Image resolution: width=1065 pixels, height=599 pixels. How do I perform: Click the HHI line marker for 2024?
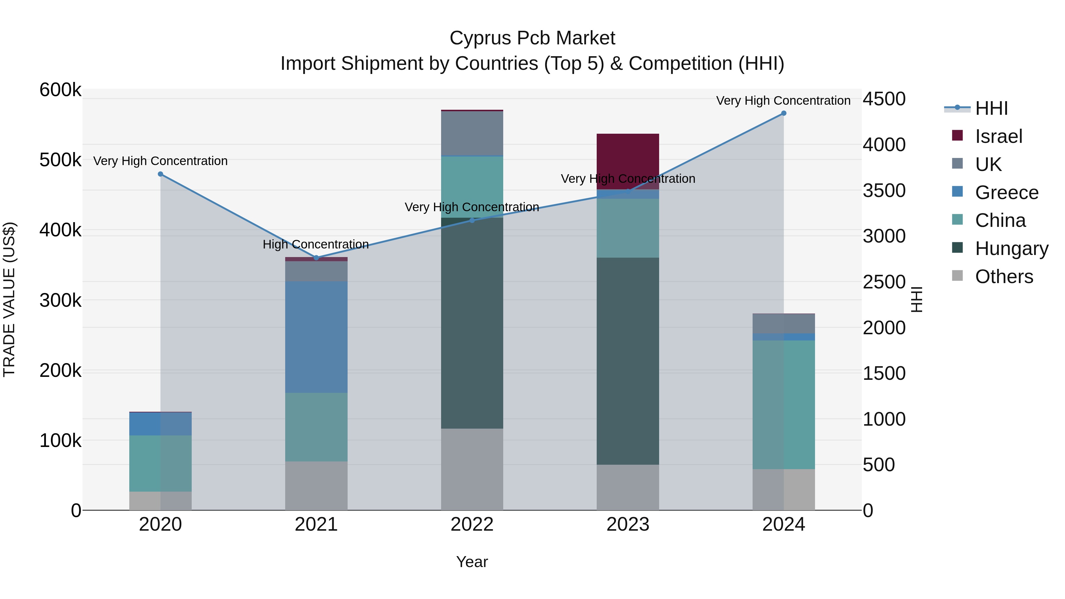(x=783, y=113)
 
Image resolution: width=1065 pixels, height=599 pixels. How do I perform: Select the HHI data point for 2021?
(x=316, y=258)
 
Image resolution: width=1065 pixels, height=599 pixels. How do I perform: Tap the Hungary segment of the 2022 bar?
(x=472, y=322)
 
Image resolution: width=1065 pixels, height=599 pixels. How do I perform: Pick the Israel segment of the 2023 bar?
(x=627, y=161)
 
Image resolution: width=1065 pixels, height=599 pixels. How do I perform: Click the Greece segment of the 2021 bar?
(x=316, y=337)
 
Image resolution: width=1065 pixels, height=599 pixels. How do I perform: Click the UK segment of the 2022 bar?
(x=472, y=133)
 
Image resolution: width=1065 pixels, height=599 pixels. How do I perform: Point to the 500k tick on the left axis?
(x=60, y=160)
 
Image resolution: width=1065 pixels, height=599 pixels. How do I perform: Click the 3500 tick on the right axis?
(x=884, y=190)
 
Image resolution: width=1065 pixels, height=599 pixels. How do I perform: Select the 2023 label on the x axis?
(x=627, y=524)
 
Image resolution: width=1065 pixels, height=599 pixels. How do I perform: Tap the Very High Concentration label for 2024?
(x=783, y=101)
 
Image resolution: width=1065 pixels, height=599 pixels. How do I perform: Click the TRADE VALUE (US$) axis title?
(x=9, y=299)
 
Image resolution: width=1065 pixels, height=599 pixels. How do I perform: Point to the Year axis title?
(x=472, y=562)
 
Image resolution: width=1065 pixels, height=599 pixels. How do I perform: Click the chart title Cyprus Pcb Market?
(x=532, y=38)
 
